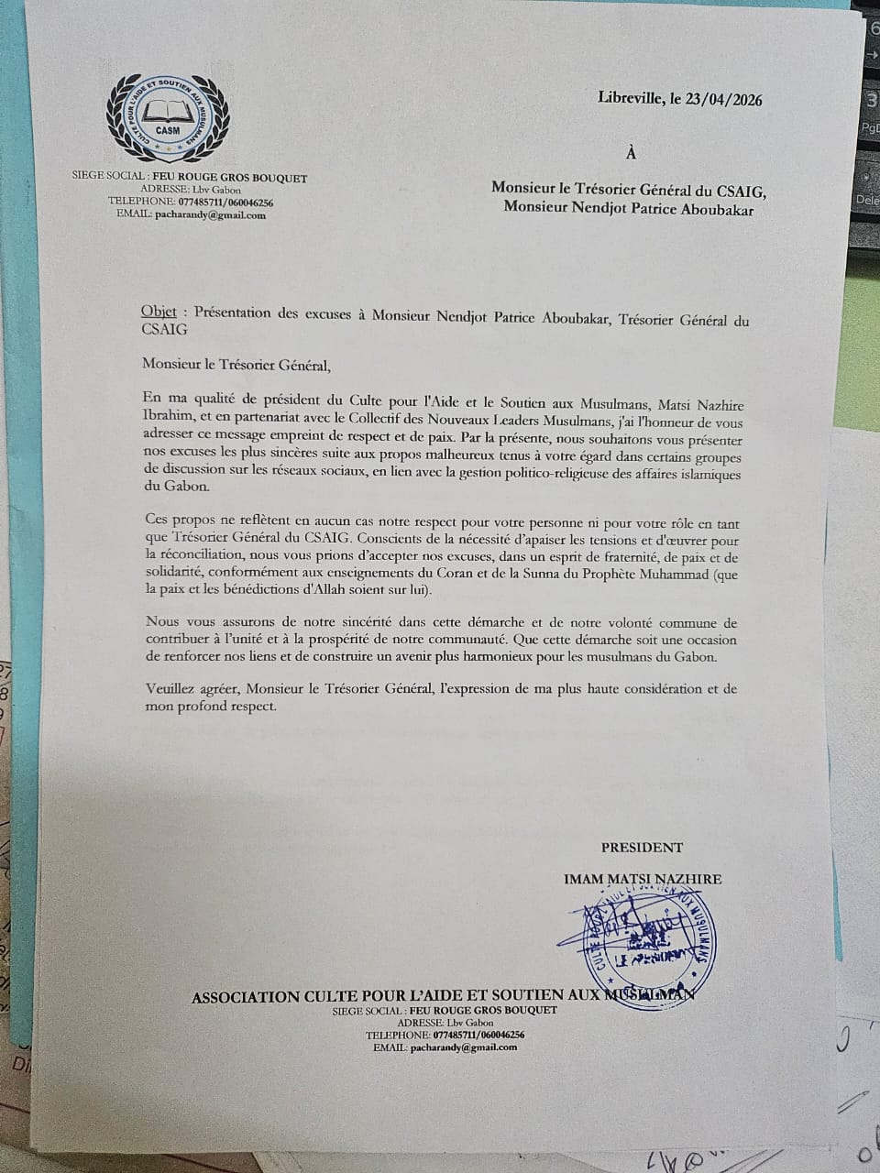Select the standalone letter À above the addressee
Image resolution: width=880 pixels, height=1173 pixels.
(630, 153)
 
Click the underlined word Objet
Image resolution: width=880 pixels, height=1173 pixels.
(159, 312)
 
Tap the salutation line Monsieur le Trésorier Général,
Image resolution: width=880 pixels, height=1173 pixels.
(236, 366)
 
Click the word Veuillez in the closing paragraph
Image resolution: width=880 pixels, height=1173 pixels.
(170, 689)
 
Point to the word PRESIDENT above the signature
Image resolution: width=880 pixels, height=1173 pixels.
(642, 848)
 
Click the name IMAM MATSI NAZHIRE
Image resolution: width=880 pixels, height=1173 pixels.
(643, 879)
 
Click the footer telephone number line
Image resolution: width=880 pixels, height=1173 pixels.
(445, 1035)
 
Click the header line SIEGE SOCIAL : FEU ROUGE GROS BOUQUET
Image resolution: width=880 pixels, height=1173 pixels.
(190, 178)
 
